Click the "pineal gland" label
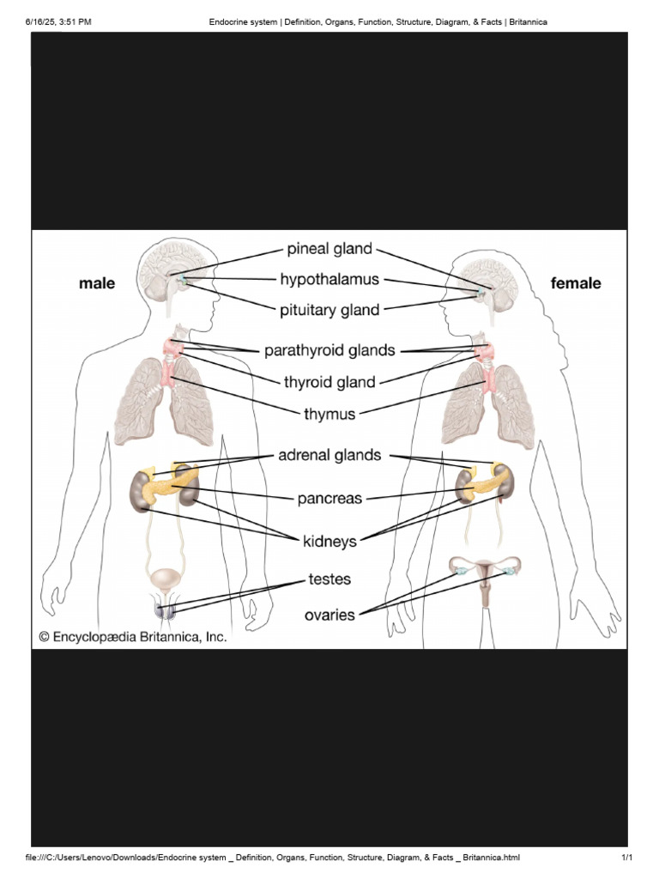[329, 249]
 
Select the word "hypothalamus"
[329, 279]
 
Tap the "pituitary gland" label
[329, 310]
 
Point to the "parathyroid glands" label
[329, 351]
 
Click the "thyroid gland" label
[329, 382]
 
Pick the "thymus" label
[329, 415]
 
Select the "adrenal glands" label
[329, 455]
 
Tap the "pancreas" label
[329, 499]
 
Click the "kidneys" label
[329, 542]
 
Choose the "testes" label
[329, 579]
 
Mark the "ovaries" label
[329, 615]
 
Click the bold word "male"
[97, 283]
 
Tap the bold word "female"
[576, 283]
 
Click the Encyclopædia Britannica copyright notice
[133, 637]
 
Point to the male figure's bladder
[165, 579]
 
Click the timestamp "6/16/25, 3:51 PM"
[58, 21]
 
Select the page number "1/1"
[627, 858]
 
